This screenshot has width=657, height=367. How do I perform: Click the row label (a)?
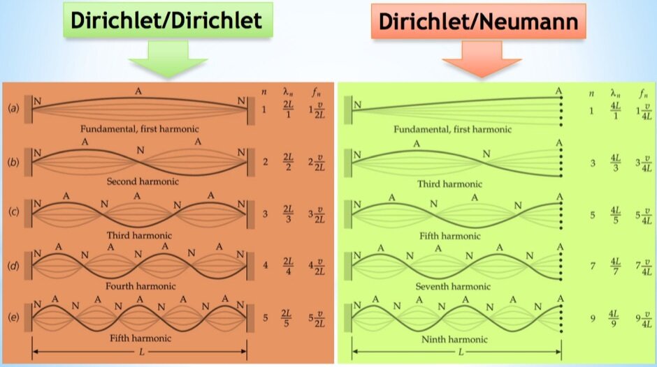(x=13, y=110)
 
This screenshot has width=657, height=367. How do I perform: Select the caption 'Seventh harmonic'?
(x=452, y=286)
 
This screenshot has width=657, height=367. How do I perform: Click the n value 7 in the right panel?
(x=592, y=267)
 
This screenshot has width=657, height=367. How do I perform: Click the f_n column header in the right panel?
(x=642, y=92)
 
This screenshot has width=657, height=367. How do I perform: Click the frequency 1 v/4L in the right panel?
(x=643, y=110)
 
